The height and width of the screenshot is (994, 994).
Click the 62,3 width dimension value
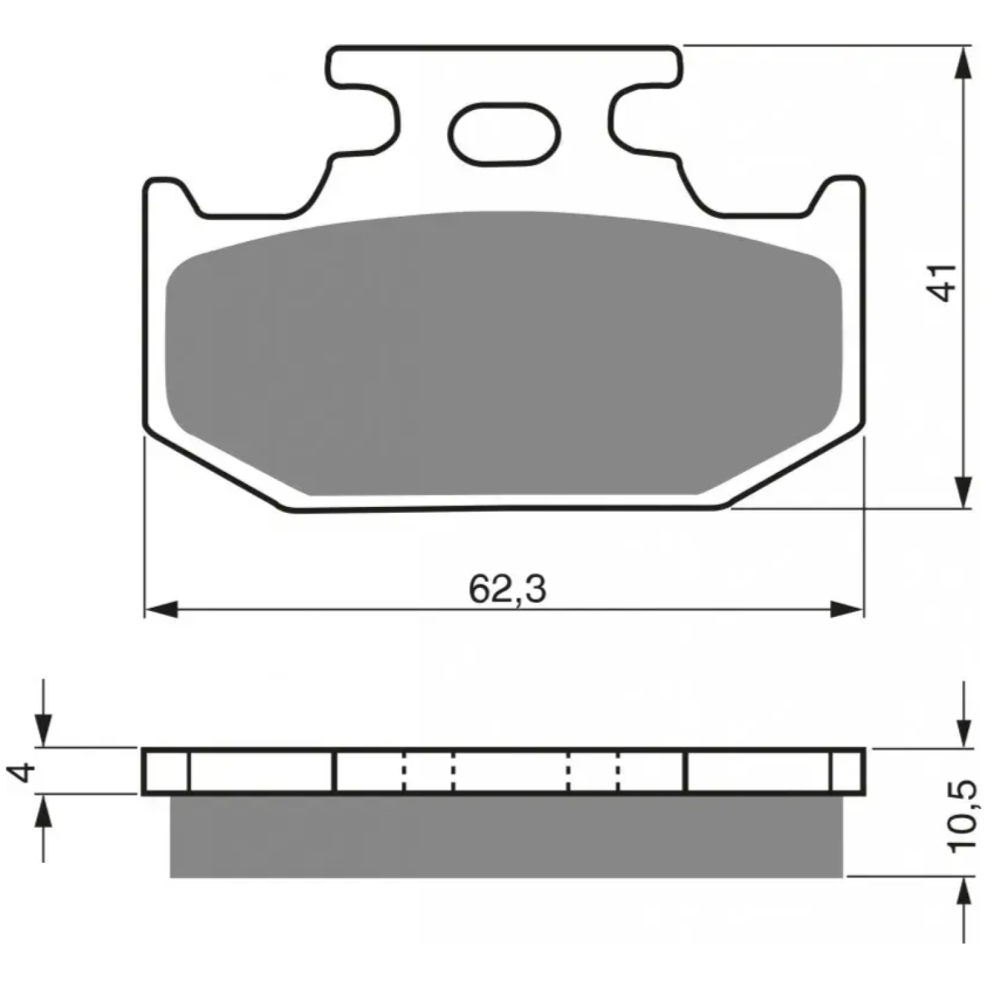[508, 588]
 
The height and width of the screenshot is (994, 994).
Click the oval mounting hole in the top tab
[505, 135]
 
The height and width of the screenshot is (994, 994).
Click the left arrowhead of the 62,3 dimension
[162, 609]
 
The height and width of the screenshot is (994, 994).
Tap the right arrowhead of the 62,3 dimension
[848, 609]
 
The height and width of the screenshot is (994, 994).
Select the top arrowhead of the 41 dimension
[965, 63]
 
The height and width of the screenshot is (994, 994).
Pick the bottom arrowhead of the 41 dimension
[965, 492]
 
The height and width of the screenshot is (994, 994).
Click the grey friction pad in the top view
[504, 355]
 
